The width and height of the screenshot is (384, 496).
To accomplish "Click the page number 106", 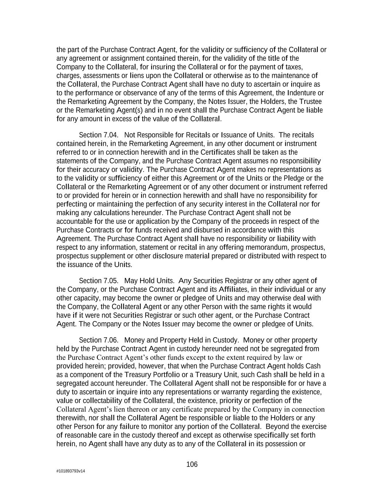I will coord(192,464).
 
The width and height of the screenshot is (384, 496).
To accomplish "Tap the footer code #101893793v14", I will coord(71,471).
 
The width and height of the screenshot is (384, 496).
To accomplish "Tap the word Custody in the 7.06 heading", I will coord(225,340).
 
